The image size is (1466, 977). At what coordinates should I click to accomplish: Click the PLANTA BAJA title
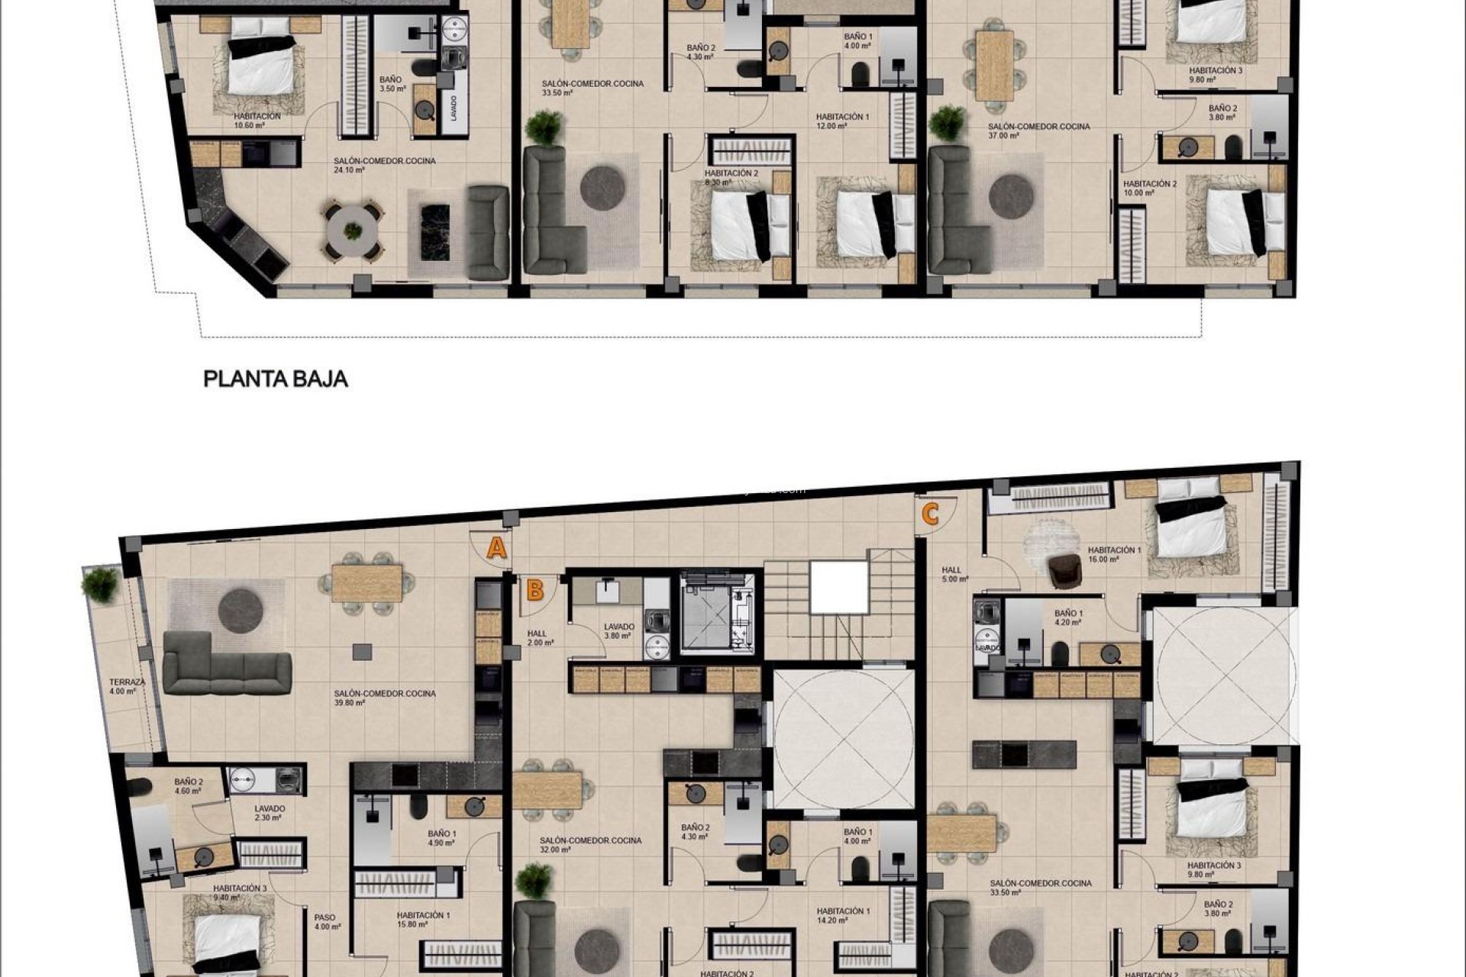276,379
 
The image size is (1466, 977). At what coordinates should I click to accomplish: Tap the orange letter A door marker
497,548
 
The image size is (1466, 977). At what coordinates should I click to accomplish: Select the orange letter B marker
535,590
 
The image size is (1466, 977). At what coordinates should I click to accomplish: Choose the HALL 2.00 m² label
540,637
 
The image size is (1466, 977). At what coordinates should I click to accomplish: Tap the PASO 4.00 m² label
326,922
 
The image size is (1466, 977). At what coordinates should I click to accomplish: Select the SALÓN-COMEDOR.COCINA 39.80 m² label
384,698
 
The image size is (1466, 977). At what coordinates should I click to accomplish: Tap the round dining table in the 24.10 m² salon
352,230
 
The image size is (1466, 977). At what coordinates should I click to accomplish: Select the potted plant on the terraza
100,584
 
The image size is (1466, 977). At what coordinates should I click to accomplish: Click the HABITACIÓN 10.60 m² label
257,121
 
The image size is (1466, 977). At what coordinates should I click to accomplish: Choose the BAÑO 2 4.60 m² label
188,786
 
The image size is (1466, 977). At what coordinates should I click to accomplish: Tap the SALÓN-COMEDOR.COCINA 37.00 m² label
1038,131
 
